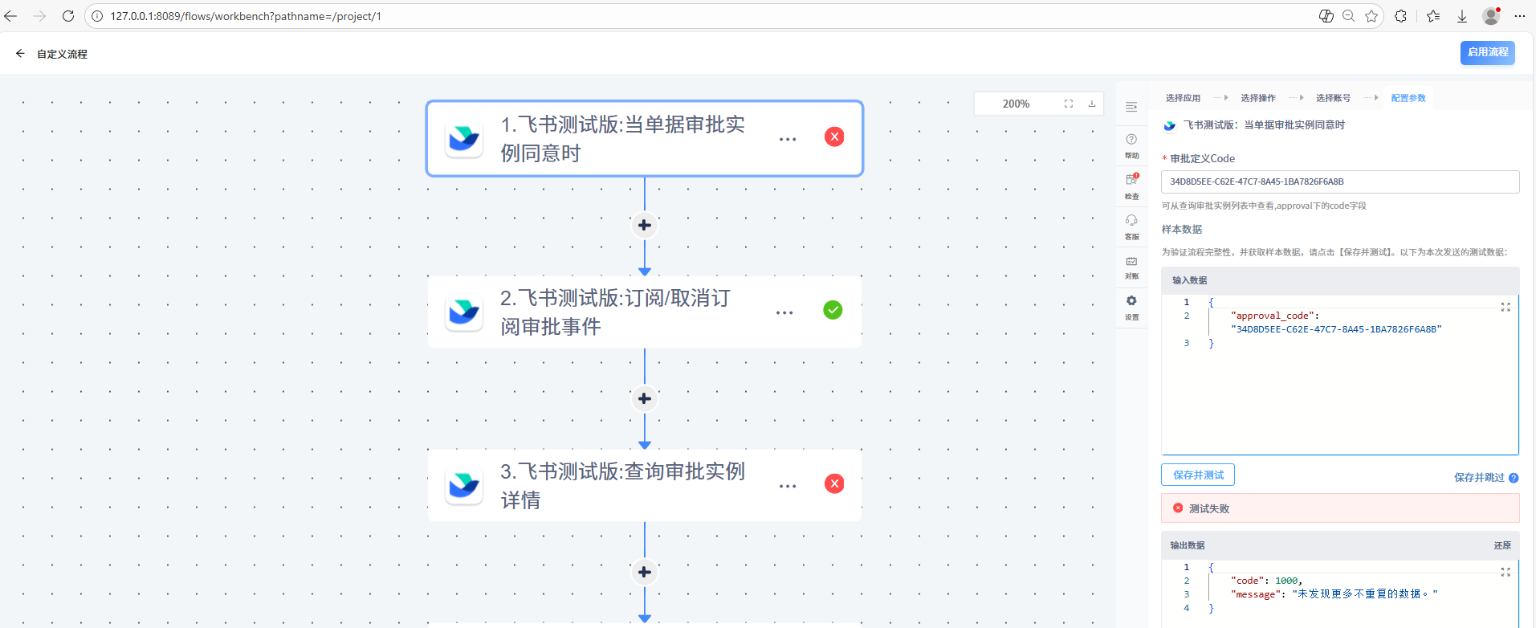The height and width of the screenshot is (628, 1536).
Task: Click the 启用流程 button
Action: (x=1487, y=52)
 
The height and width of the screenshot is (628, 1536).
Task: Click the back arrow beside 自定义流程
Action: (x=20, y=54)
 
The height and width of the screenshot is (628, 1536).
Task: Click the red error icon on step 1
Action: (x=834, y=137)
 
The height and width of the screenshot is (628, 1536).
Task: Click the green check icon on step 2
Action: (x=833, y=310)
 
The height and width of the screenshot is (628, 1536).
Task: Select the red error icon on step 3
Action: (x=834, y=483)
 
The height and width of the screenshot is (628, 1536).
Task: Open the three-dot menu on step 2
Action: (x=784, y=312)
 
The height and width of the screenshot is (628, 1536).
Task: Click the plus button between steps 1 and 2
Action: (x=644, y=225)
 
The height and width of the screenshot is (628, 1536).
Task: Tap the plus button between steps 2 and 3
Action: (x=644, y=398)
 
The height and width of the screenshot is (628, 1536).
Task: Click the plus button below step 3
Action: (x=644, y=572)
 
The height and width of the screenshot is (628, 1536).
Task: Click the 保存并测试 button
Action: (x=1198, y=475)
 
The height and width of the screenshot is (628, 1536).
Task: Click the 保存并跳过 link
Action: (x=1479, y=477)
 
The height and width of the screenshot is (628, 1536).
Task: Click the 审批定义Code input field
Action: (x=1340, y=181)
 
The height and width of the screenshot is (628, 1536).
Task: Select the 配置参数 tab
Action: (x=1408, y=98)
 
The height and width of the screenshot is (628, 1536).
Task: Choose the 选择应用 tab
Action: (x=1183, y=98)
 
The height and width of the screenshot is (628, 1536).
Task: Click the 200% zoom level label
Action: (x=1016, y=104)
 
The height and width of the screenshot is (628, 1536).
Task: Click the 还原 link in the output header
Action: (x=1502, y=545)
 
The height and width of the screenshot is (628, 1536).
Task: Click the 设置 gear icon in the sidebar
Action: (x=1131, y=301)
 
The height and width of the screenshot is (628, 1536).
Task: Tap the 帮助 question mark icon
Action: (x=1131, y=139)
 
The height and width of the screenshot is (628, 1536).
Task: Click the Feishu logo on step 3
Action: (x=464, y=484)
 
